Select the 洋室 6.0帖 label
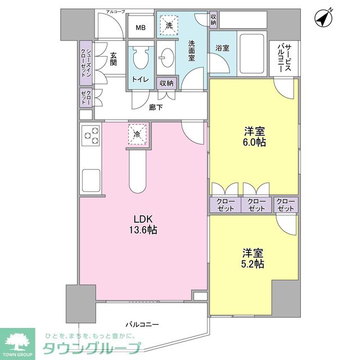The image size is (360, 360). (x=254, y=137)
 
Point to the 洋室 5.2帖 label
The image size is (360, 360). (x=254, y=258)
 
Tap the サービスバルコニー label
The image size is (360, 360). (x=284, y=57)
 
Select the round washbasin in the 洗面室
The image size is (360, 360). (x=166, y=57)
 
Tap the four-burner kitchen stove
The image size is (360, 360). (x=90, y=136)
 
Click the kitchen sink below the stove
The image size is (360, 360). (x=91, y=180)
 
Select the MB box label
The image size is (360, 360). (x=140, y=27)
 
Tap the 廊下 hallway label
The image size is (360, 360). (x=156, y=107)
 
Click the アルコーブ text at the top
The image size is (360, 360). (x=115, y=11)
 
